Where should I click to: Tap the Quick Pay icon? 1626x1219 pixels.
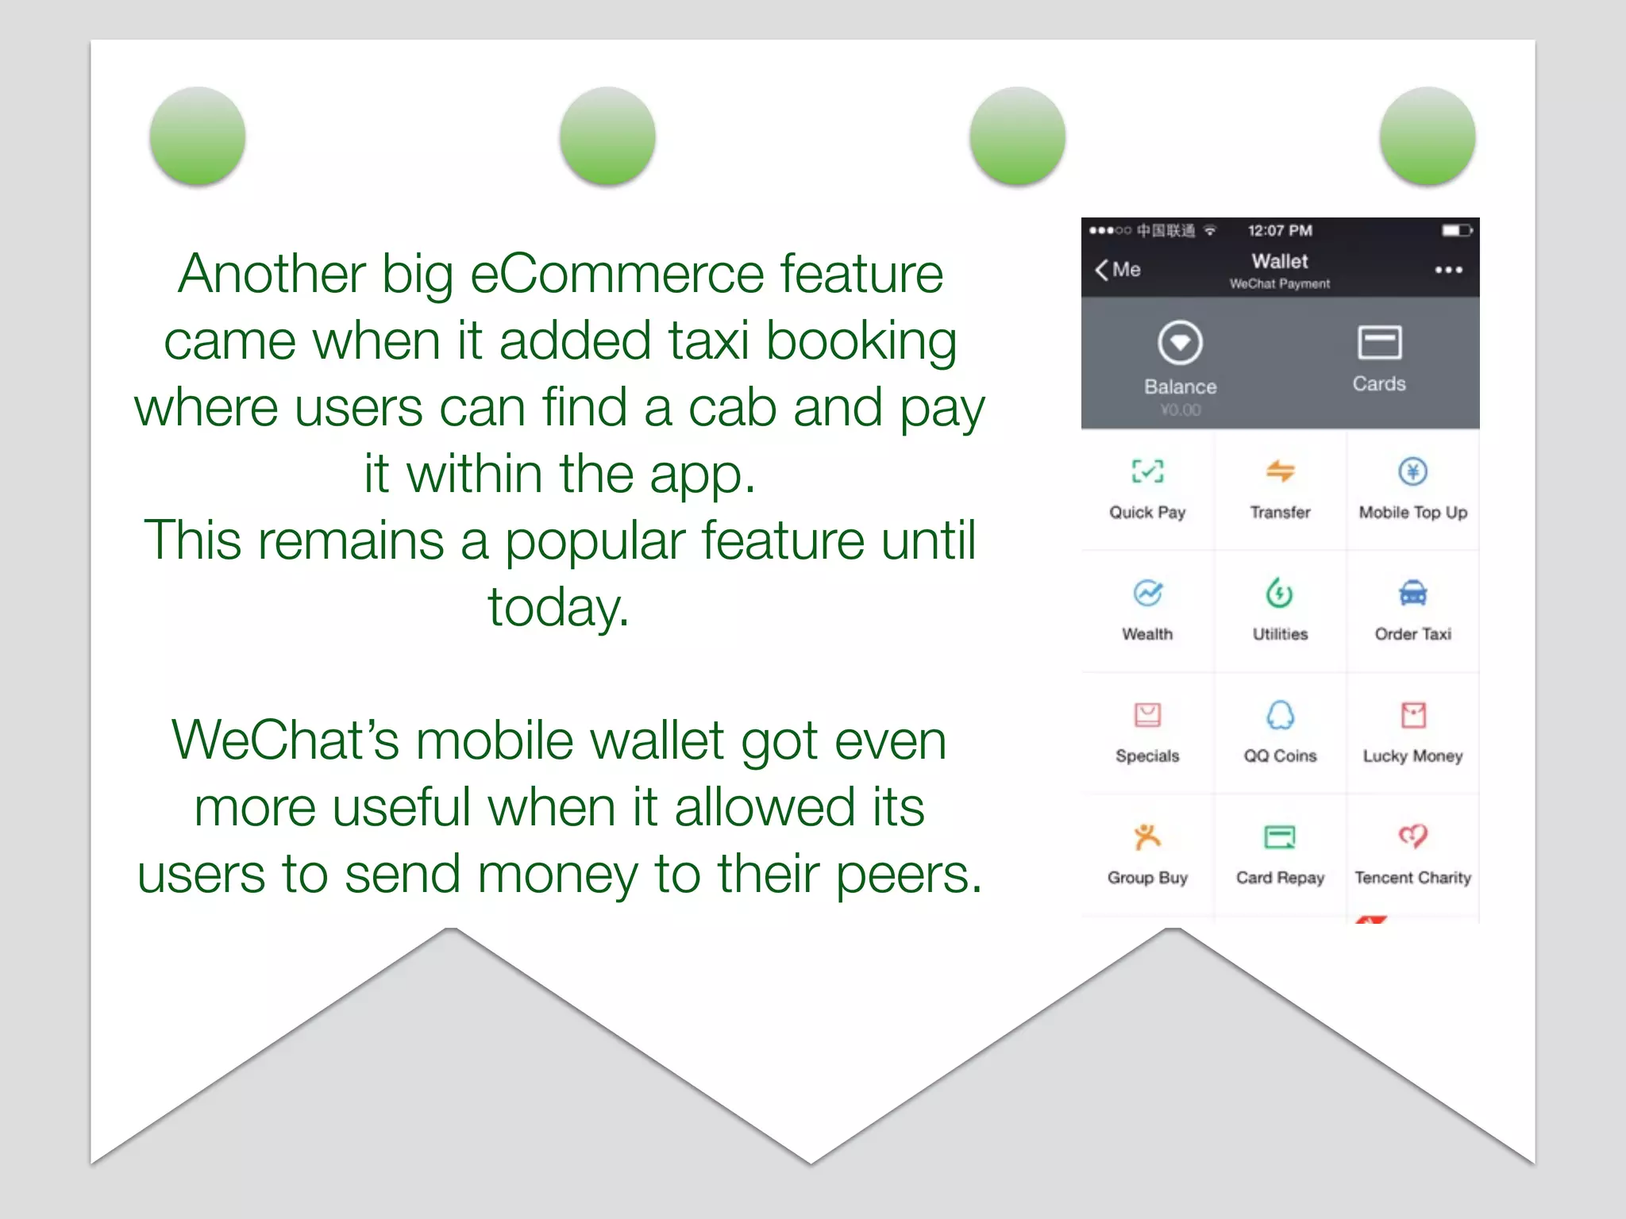1147,471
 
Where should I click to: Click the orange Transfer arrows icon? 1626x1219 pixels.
1280,471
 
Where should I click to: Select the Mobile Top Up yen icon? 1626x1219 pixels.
1412,471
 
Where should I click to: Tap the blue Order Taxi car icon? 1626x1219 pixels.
1412,593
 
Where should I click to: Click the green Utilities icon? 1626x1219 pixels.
1280,593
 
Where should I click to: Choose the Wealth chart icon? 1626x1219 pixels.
1147,593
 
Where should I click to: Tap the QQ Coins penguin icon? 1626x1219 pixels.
1280,715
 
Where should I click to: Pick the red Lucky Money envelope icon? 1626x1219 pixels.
1412,715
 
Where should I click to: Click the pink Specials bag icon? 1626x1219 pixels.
1147,715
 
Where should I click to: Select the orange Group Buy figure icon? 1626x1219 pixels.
1147,836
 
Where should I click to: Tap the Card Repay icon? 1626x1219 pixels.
1280,836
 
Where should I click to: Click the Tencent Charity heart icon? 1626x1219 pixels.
1412,836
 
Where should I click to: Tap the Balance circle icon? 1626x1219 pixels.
1180,343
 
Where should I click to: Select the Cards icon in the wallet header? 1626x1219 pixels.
1379,343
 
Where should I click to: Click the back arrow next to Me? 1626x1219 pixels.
1102,270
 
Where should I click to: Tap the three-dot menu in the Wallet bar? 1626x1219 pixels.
1448,270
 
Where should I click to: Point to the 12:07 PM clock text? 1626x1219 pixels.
1280,231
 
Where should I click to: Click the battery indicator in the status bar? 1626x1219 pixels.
1456,231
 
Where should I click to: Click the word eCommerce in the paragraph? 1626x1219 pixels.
618,274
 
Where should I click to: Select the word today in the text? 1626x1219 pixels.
558,607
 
